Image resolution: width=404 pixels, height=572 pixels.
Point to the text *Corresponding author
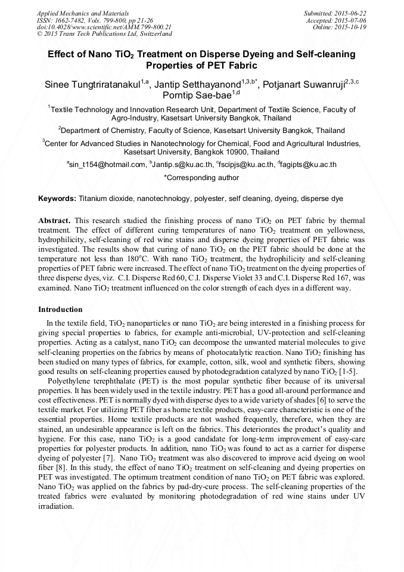(201, 177)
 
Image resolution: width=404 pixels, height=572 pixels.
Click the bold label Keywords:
(57, 198)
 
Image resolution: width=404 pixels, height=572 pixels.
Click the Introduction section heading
(60, 310)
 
